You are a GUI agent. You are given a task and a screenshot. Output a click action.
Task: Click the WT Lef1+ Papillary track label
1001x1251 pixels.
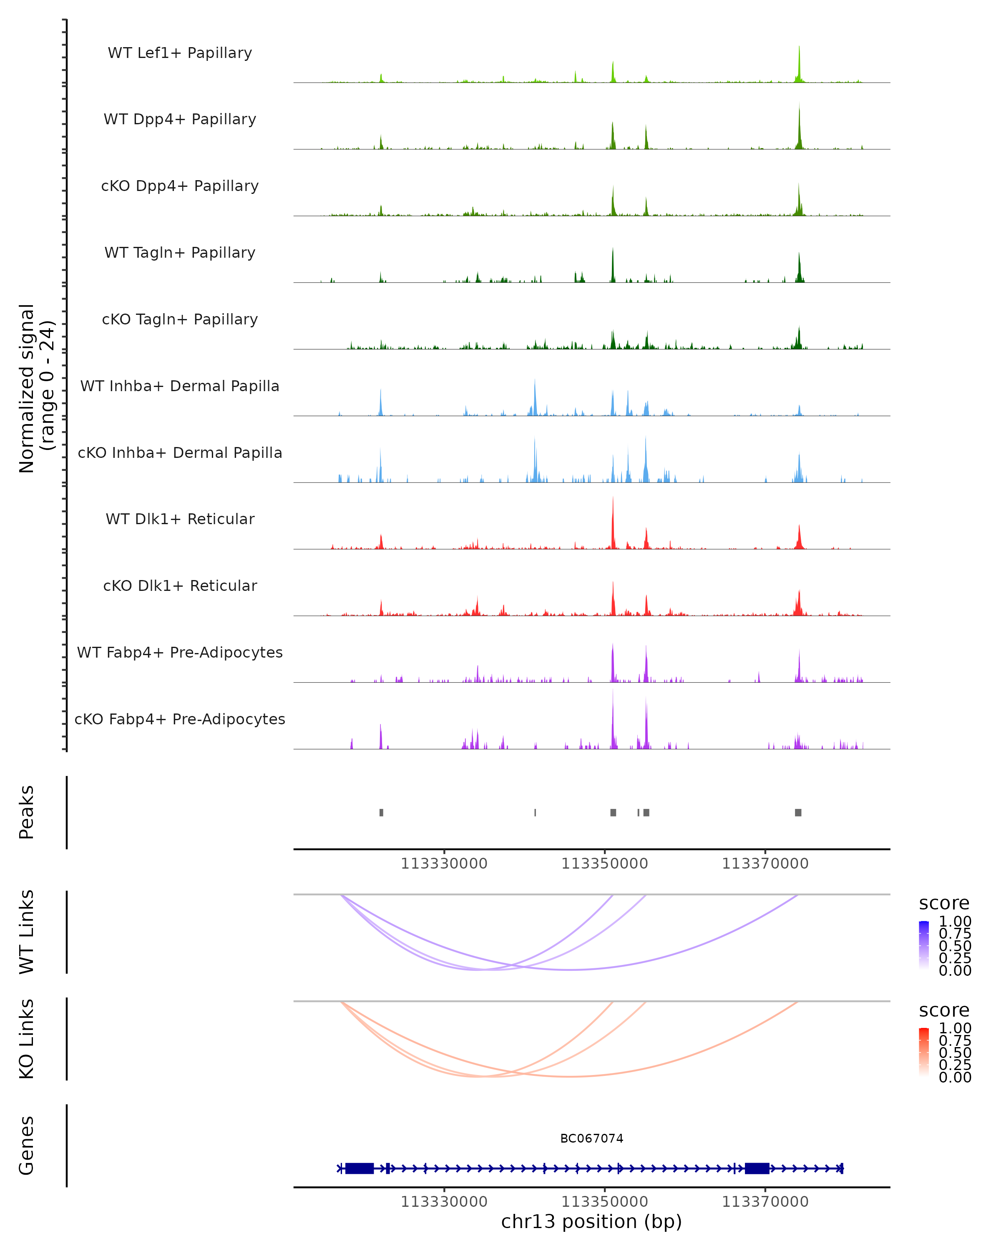click(x=180, y=53)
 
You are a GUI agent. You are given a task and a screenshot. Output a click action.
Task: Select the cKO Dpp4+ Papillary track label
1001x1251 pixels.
click(x=180, y=186)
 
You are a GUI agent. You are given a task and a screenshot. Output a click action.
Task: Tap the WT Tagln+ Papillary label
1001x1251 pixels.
click(x=180, y=253)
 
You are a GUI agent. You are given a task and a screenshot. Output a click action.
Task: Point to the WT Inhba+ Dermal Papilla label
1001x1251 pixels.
click(x=180, y=387)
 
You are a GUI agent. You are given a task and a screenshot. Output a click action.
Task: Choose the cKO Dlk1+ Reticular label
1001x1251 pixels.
click(x=180, y=586)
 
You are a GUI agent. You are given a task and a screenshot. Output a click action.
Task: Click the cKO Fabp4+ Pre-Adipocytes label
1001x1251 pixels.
click(x=180, y=719)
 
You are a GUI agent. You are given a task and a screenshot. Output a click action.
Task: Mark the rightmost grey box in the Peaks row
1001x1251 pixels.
click(x=798, y=812)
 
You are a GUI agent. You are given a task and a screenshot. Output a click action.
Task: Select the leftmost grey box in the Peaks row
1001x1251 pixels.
click(x=381, y=812)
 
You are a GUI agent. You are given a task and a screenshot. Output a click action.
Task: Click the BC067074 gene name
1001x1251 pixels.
click(x=591, y=1138)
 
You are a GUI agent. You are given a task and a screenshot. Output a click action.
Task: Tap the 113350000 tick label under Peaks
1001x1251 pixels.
click(x=605, y=864)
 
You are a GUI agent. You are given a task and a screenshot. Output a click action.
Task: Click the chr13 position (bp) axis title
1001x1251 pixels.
click(x=591, y=1221)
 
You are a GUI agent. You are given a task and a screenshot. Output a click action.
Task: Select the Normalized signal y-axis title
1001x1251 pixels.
click(x=36, y=388)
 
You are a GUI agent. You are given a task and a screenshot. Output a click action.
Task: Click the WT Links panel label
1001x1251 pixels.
click(x=27, y=932)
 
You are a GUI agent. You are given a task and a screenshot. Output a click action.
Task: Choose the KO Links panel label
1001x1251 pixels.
click(x=27, y=1039)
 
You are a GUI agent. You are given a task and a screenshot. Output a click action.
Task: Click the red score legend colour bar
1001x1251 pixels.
click(x=924, y=1053)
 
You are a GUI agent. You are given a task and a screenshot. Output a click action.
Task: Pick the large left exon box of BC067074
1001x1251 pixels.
click(x=359, y=1168)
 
